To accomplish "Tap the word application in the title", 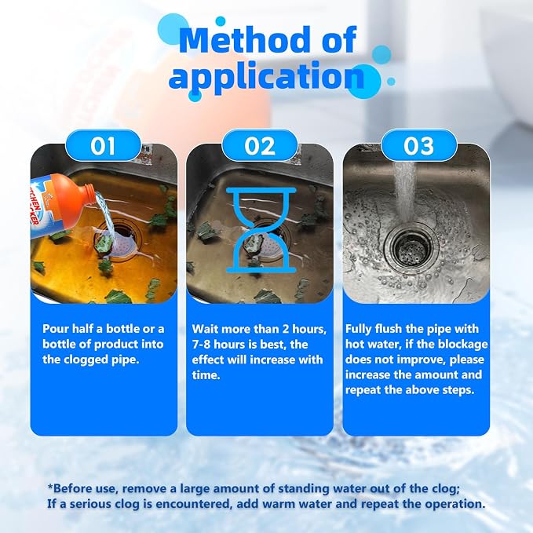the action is click(x=266, y=76).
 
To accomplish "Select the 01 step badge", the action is click(x=103, y=145).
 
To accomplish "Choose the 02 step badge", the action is click(x=260, y=145).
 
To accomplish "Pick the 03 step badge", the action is click(x=418, y=145).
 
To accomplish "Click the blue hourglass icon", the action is click(x=261, y=231).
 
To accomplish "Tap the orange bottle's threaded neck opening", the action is click(x=91, y=189).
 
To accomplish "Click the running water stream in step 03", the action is click(x=404, y=190).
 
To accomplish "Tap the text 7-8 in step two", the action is click(x=201, y=345).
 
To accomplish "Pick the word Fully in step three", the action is click(x=358, y=329).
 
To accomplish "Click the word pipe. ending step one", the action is click(x=126, y=360).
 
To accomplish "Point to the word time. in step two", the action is click(x=206, y=375).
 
